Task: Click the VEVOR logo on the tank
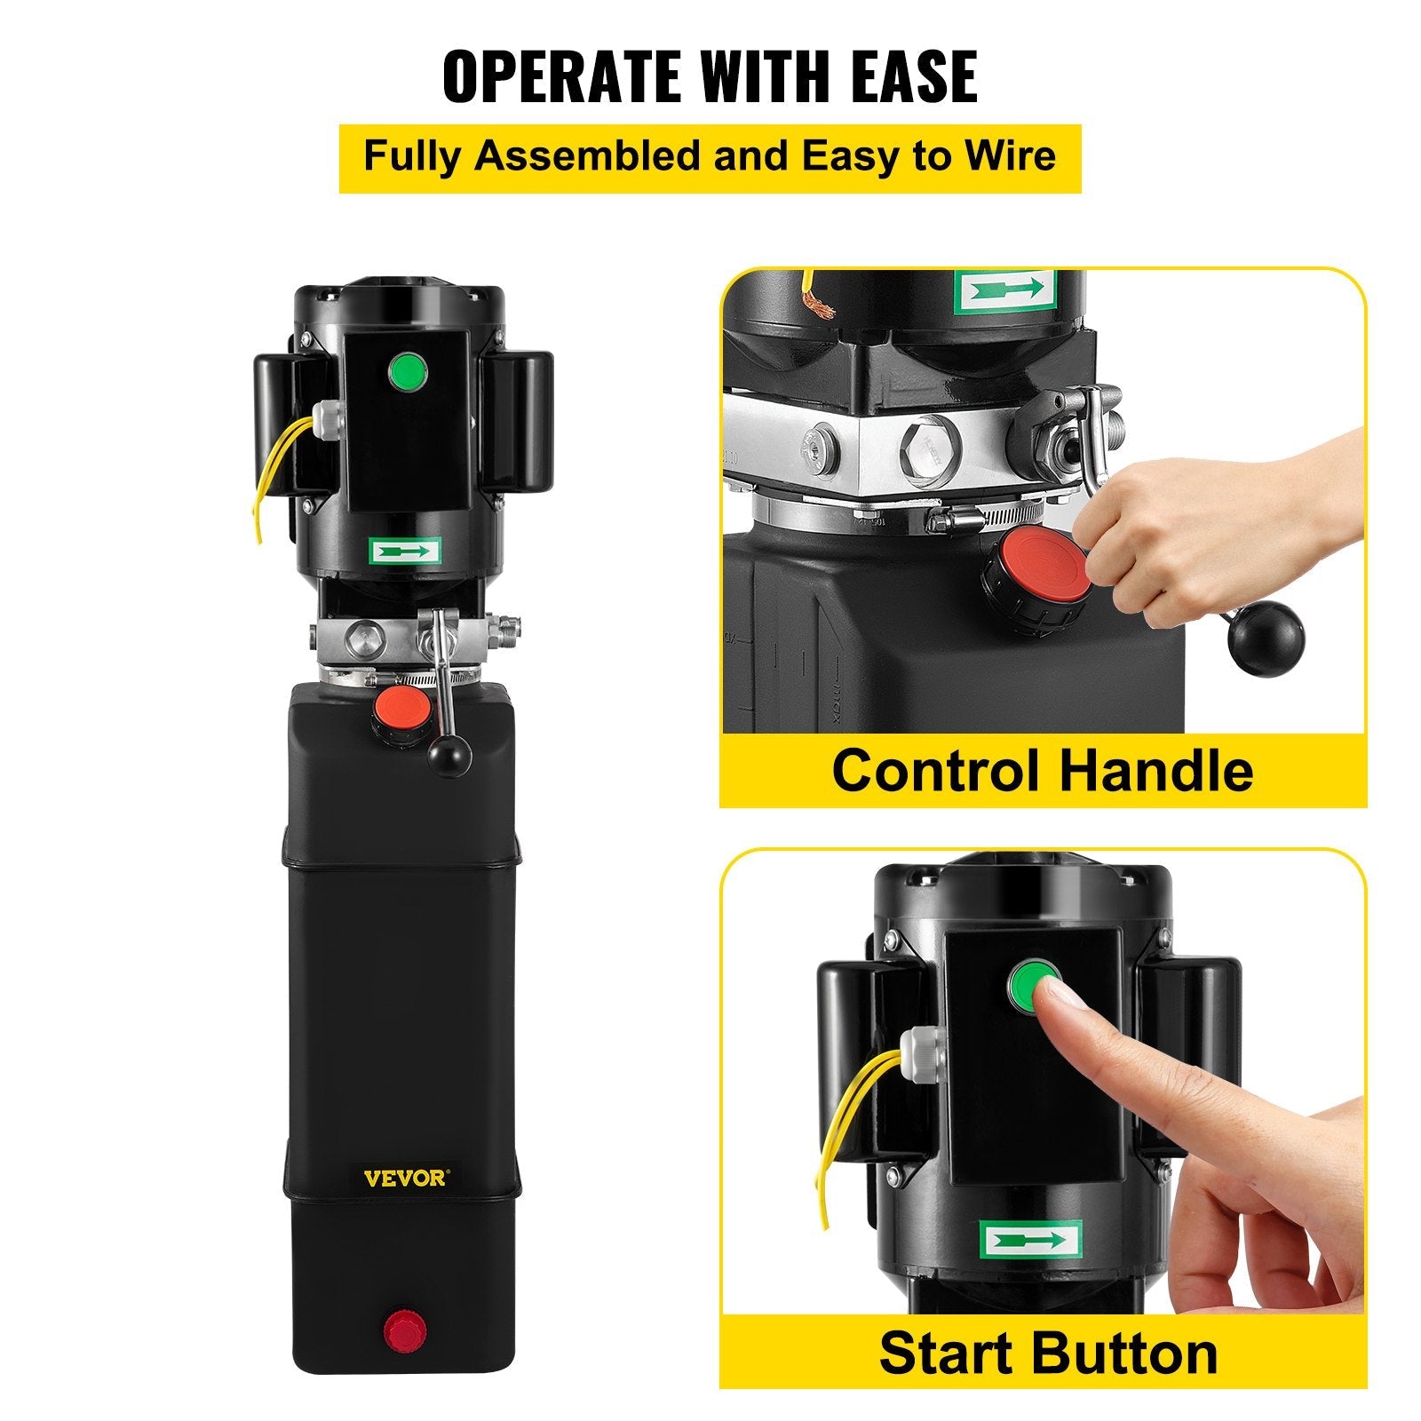(406, 1179)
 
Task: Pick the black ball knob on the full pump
(449, 757)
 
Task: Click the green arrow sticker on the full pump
(404, 552)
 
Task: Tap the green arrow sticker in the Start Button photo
(1030, 1240)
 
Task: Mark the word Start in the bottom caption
(945, 1354)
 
